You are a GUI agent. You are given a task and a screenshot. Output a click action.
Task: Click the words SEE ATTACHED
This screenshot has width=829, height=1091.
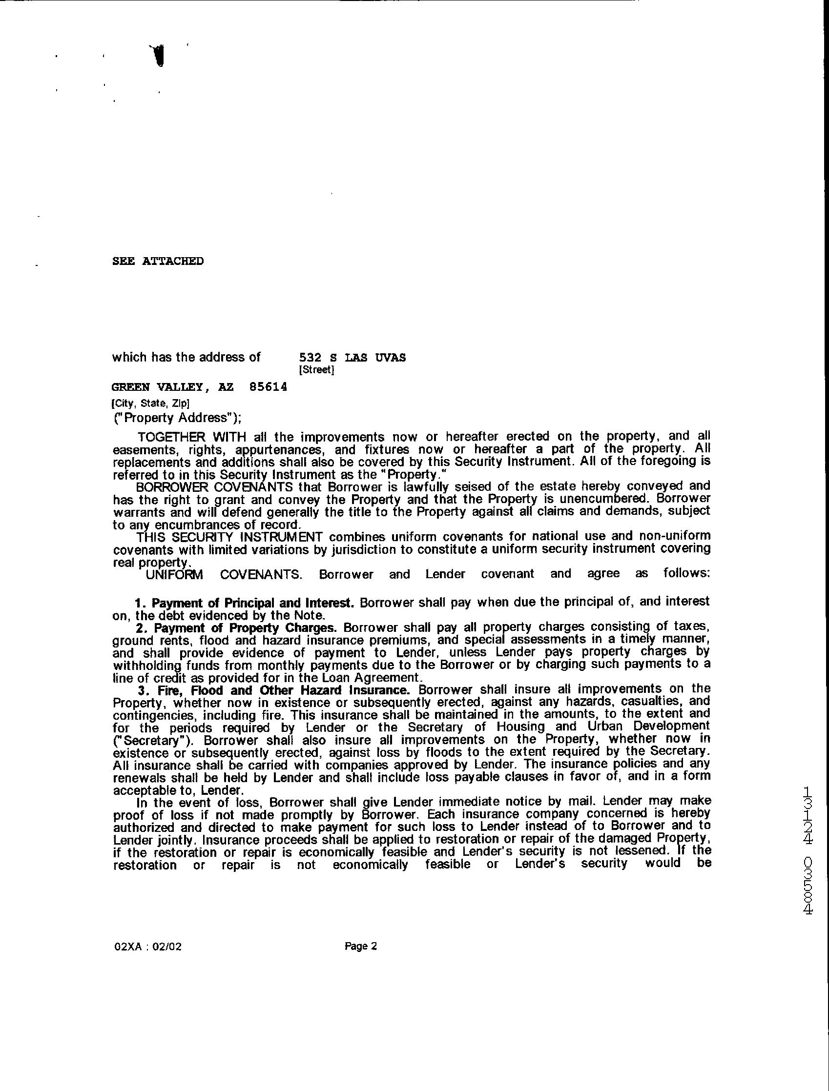pyautogui.click(x=158, y=261)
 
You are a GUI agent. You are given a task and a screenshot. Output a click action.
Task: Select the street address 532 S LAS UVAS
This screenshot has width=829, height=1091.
pyautogui.click(x=352, y=358)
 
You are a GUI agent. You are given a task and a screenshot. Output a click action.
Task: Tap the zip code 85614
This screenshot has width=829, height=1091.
pyautogui.click(x=269, y=387)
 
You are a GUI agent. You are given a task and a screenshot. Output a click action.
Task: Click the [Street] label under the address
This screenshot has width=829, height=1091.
pyautogui.click(x=316, y=370)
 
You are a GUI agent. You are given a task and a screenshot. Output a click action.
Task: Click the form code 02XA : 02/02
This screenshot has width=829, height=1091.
pyautogui.click(x=147, y=947)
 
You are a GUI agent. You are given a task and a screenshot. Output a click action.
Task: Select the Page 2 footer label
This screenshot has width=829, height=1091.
pyautogui.click(x=361, y=946)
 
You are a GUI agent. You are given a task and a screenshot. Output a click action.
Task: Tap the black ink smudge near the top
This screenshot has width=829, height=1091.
pyautogui.click(x=158, y=55)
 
